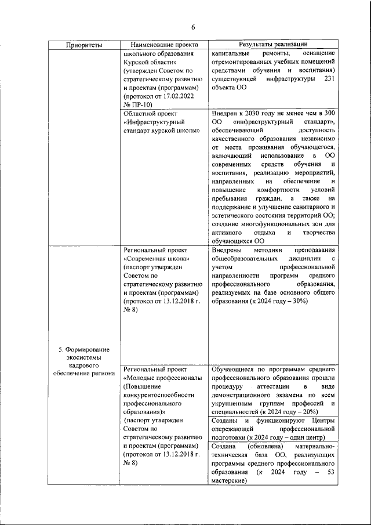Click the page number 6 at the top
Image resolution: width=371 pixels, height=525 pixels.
pos(193,27)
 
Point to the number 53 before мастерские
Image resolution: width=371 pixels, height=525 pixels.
pos(330,472)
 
